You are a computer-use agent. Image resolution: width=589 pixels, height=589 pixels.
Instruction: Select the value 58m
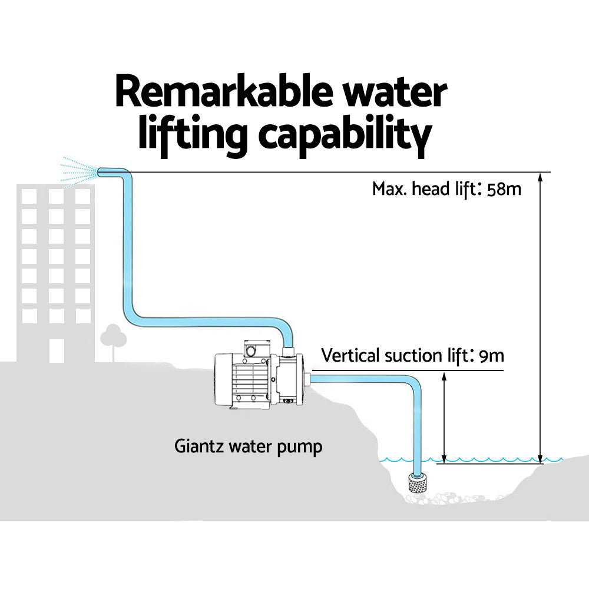(505, 189)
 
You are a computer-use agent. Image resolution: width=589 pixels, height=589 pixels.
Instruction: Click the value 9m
(492, 356)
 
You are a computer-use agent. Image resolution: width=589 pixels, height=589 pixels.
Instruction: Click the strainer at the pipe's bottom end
(417, 485)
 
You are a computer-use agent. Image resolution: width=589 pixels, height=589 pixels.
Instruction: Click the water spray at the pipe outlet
(79, 171)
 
